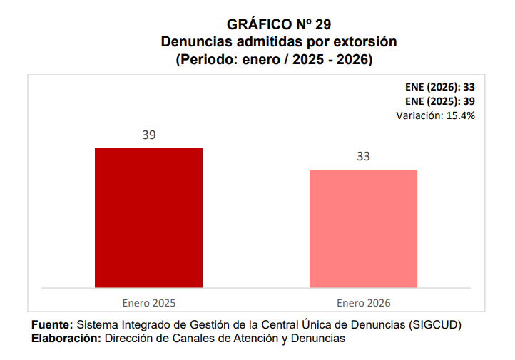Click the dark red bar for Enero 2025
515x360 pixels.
pos(148,217)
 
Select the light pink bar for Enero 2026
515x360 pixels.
pos(363,228)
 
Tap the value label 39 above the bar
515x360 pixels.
pos(148,135)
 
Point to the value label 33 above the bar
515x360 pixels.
pos(363,156)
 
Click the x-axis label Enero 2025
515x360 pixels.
pos(148,302)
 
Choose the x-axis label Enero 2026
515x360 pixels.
pos(363,302)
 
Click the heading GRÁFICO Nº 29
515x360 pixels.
pos(278,25)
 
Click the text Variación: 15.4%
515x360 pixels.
pos(436,114)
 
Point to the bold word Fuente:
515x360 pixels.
pos(52,325)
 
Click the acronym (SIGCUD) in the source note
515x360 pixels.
pos(436,325)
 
